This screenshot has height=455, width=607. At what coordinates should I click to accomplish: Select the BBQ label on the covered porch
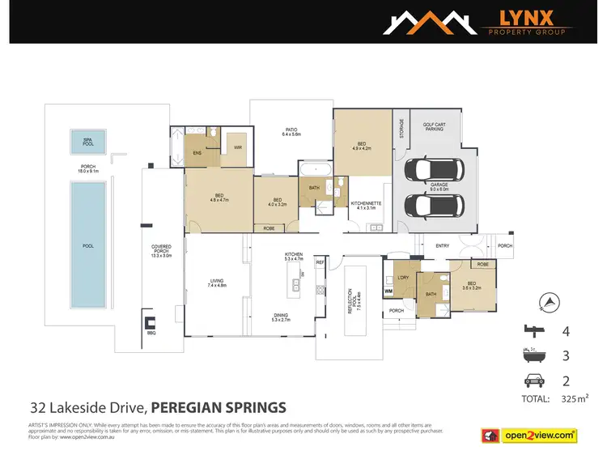151,332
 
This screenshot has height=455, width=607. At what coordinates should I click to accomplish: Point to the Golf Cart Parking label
435,127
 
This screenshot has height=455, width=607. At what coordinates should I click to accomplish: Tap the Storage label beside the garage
401,129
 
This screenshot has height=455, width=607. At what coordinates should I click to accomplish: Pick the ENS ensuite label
197,152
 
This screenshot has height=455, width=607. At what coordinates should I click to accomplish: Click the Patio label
291,131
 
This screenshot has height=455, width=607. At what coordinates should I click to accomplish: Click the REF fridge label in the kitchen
320,263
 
